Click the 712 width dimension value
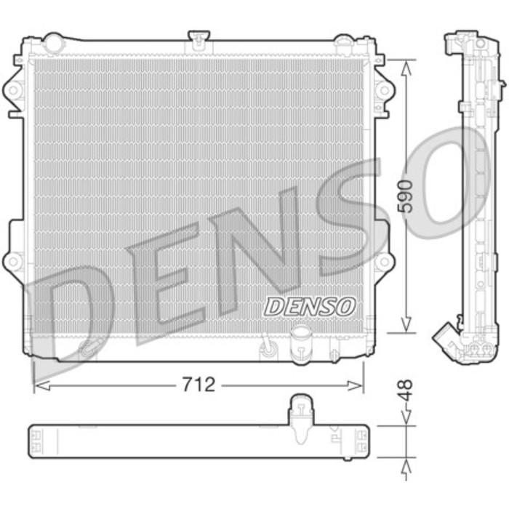click(x=199, y=385)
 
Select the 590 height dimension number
click(x=407, y=195)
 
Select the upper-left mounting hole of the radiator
click(x=14, y=90)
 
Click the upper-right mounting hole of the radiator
click(x=382, y=90)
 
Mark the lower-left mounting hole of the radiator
click(x=14, y=260)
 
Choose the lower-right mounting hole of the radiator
click(x=382, y=260)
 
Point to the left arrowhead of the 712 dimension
click(x=38, y=385)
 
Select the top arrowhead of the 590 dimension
click(x=407, y=63)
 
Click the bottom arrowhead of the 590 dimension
click(x=407, y=328)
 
